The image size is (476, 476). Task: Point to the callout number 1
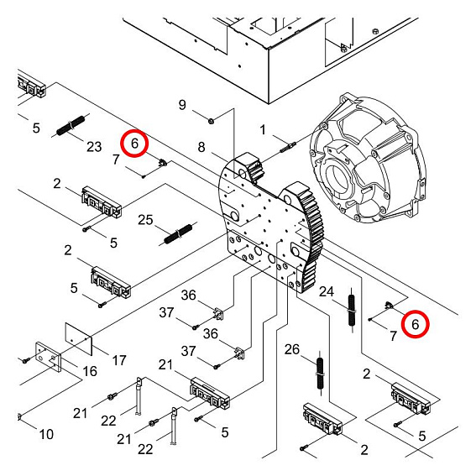coord(263,130)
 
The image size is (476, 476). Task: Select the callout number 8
coord(201,148)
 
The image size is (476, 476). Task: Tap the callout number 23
coord(94,146)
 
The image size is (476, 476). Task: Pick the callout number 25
coord(145,220)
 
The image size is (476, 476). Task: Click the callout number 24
coord(328,292)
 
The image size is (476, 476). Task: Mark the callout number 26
coord(292,349)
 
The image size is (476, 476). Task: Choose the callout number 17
coord(119,360)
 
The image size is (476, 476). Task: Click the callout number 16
coord(90,370)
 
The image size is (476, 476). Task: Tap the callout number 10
coord(45,434)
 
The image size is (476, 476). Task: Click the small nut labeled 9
coord(211,120)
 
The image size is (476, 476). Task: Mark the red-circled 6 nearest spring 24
coord(414,322)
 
